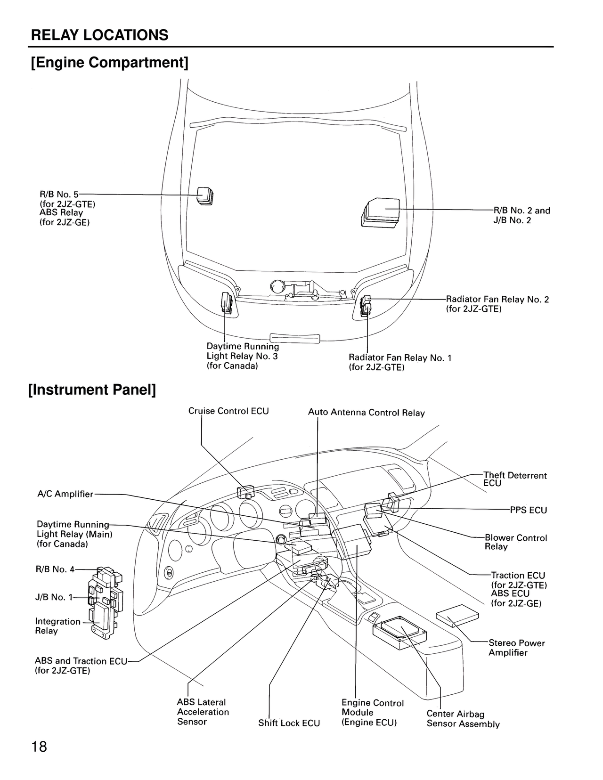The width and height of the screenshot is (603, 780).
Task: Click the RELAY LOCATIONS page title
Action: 99,35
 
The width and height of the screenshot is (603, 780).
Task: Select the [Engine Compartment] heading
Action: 109,63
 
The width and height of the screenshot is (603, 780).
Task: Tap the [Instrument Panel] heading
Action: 92,390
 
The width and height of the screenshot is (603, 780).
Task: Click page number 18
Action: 40,747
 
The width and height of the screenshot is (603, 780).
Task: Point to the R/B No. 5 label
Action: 59,194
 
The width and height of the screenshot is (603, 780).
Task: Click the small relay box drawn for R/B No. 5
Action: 205,196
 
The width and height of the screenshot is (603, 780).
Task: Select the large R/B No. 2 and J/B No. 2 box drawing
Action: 380,213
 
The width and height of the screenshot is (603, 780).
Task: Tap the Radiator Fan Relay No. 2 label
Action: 497,300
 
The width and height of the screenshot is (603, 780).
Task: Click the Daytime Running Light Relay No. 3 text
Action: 243,356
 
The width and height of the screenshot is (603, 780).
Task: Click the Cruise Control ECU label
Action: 228,411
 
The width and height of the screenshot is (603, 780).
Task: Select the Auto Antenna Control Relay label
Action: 366,413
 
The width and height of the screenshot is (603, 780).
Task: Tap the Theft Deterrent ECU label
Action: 515,479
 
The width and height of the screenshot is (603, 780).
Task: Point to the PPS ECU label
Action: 528,510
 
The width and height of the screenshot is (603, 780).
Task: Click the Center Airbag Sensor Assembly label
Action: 463,719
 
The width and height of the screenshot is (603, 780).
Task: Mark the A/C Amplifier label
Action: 65,494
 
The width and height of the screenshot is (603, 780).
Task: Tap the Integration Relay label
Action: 57,626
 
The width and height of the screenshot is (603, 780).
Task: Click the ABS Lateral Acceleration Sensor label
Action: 203,712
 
